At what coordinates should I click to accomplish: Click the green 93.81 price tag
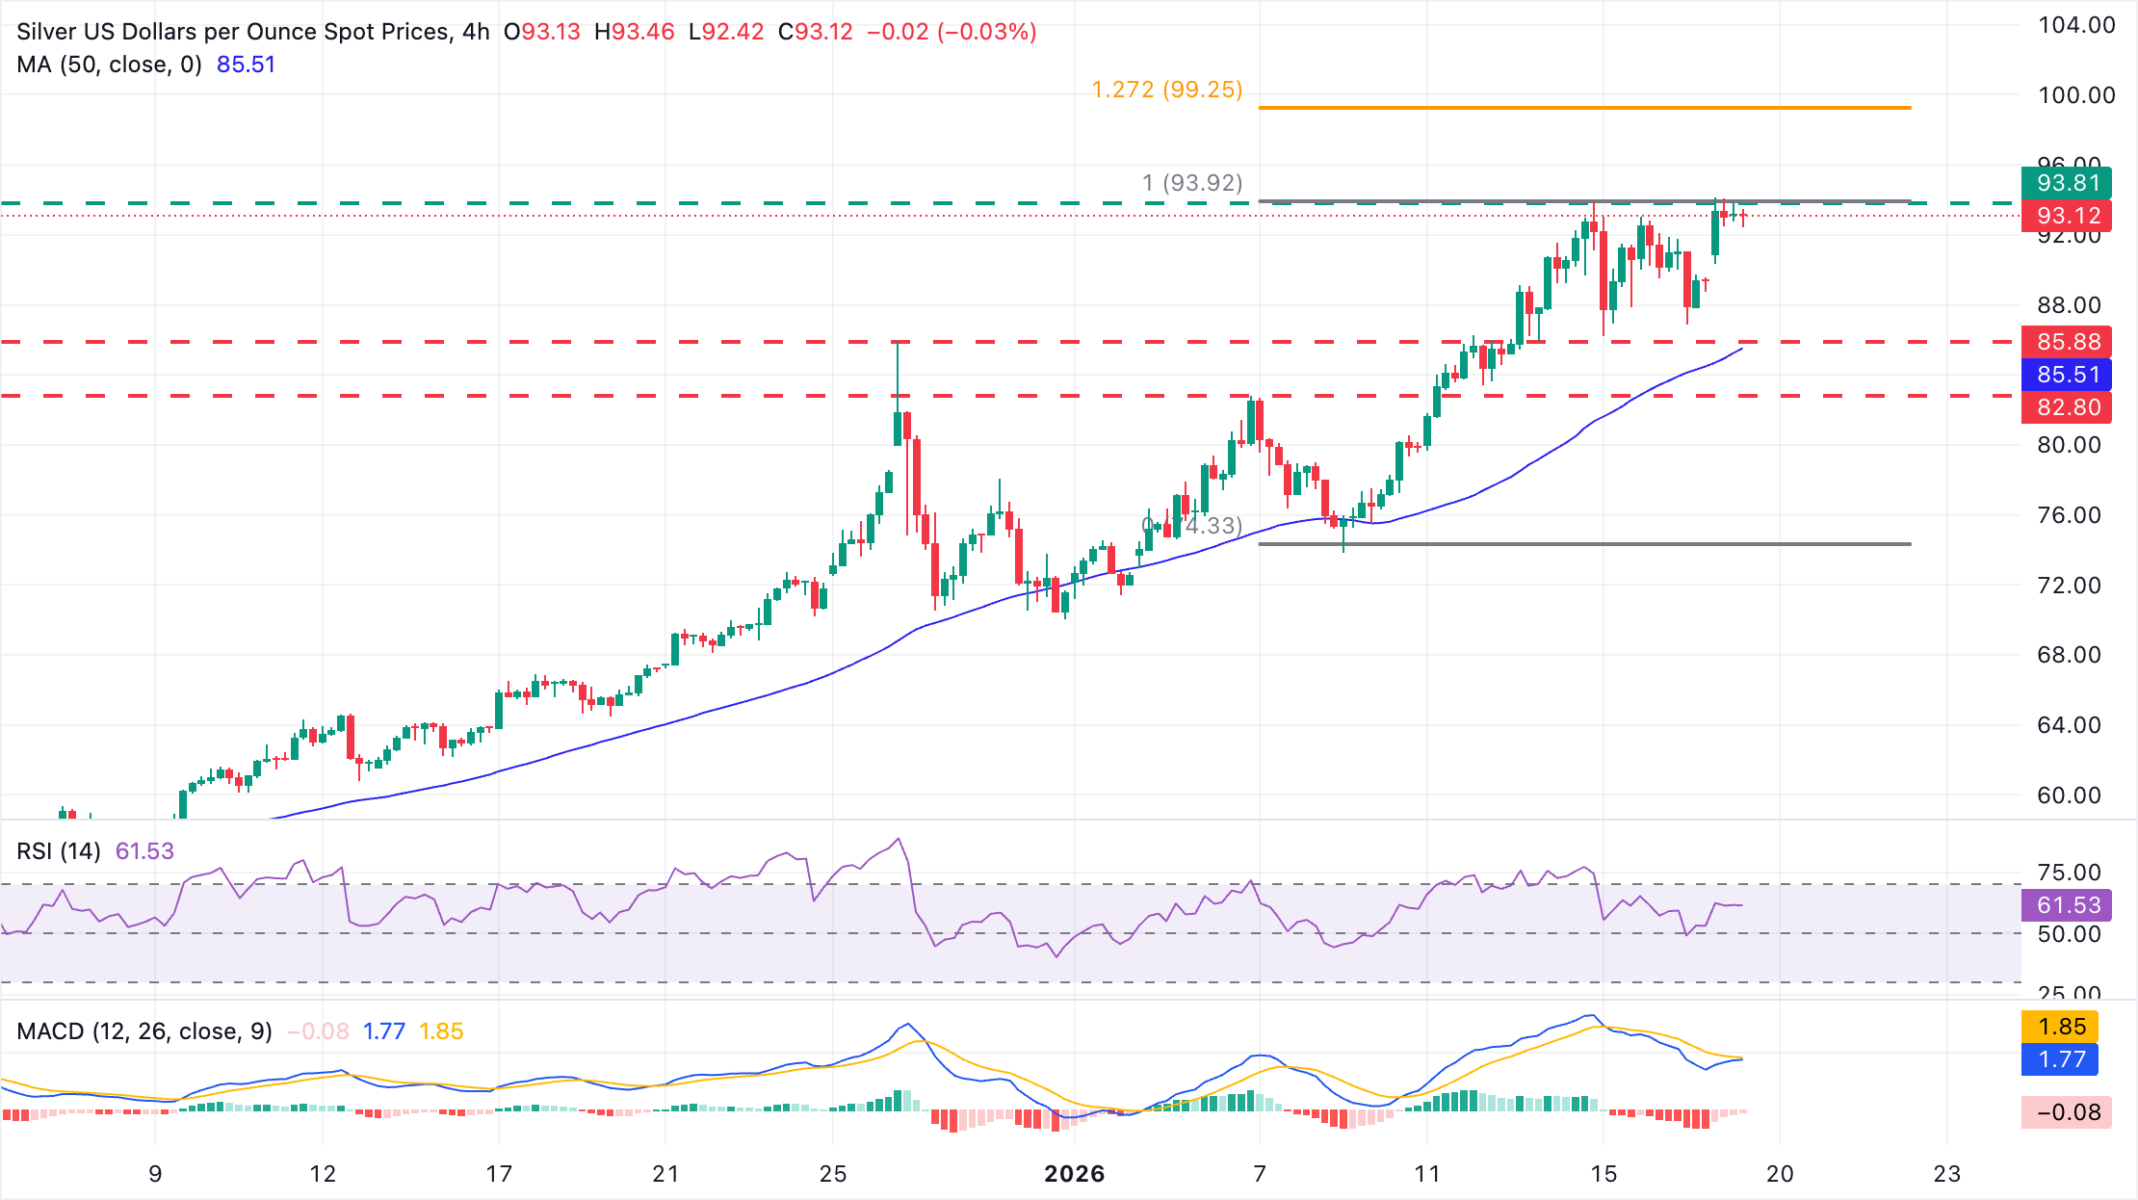2067,183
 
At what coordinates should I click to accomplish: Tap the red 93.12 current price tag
2067,216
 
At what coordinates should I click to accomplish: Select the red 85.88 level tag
2067,342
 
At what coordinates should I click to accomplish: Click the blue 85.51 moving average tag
2067,375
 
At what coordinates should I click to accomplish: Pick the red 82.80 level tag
2067,407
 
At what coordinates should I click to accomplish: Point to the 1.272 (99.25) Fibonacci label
1166,90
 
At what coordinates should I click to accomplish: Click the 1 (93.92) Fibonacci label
1191,182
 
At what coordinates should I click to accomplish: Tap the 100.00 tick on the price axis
2075,95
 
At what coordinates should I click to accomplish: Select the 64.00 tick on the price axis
2069,725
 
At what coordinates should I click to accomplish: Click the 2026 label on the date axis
1074,1174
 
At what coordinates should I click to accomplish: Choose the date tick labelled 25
833,1174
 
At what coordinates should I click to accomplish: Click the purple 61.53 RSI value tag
2067,905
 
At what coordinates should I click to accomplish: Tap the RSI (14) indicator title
59,851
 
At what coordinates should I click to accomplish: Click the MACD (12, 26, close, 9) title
144,1031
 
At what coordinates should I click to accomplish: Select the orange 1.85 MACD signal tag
2061,1027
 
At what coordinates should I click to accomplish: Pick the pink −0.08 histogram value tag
2067,1112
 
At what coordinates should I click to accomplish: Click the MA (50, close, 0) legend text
109,65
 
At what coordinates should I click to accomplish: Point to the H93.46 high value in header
634,32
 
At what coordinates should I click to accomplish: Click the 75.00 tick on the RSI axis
2069,873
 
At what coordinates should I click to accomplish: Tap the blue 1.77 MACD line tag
2061,1059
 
